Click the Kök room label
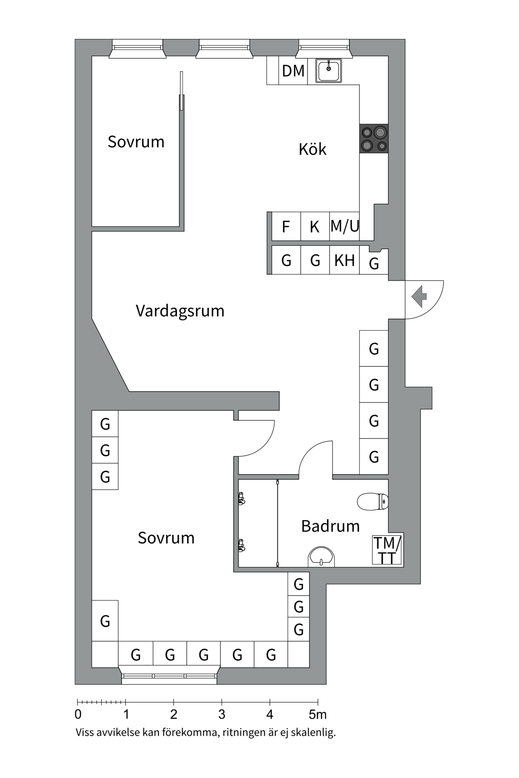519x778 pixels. pyautogui.click(x=312, y=150)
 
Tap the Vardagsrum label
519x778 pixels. pyautogui.click(x=180, y=311)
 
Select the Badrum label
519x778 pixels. pyautogui.click(x=330, y=526)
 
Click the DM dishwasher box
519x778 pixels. pyautogui.click(x=293, y=71)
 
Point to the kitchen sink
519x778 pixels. pyautogui.click(x=329, y=71)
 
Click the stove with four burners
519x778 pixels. pyautogui.click(x=374, y=139)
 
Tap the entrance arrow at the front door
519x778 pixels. pyautogui.click(x=419, y=296)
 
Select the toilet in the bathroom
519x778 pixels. pyautogui.click(x=372, y=501)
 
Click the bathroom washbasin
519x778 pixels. pyautogui.click(x=322, y=557)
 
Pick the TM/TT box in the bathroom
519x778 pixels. pyautogui.click(x=387, y=550)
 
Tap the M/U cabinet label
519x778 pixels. pyautogui.click(x=345, y=226)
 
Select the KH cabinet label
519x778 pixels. pyautogui.click(x=344, y=261)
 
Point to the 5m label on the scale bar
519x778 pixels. pyautogui.click(x=318, y=714)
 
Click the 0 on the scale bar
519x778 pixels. pyautogui.click(x=78, y=714)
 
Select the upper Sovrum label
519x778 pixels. pyautogui.click(x=136, y=142)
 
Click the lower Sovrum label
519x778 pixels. pyautogui.click(x=166, y=538)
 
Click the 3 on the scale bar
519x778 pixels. pyautogui.click(x=222, y=714)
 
